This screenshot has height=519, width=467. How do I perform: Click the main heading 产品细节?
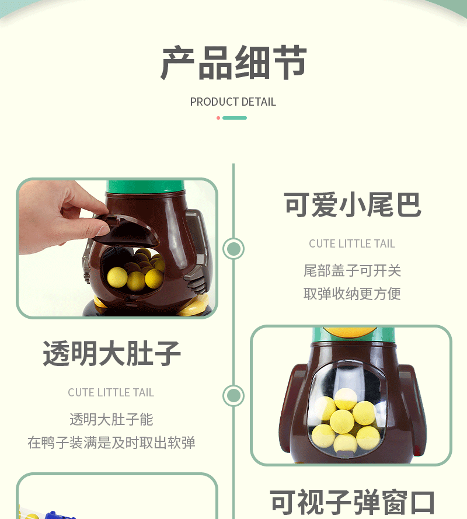point(233,63)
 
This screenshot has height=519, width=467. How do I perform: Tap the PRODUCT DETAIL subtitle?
point(233,102)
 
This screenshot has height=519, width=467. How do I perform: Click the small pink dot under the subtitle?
point(218,118)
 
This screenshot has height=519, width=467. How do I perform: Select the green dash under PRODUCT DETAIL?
point(235,118)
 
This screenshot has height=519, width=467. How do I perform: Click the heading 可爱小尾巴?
point(352,205)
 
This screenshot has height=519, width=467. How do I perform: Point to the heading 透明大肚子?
point(111,353)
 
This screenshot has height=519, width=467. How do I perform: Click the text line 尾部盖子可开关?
point(352,270)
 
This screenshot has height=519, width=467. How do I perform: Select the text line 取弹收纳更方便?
point(352,294)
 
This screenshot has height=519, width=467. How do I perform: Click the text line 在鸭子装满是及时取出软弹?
point(111,443)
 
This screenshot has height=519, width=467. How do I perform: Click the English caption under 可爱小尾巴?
point(352,243)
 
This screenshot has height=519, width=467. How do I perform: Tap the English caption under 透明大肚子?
point(111,392)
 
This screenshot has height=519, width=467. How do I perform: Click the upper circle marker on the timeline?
point(233,249)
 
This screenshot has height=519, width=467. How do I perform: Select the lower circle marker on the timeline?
point(233,396)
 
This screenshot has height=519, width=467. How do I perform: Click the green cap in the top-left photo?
point(145,188)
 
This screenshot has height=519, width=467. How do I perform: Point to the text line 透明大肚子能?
point(111,419)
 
